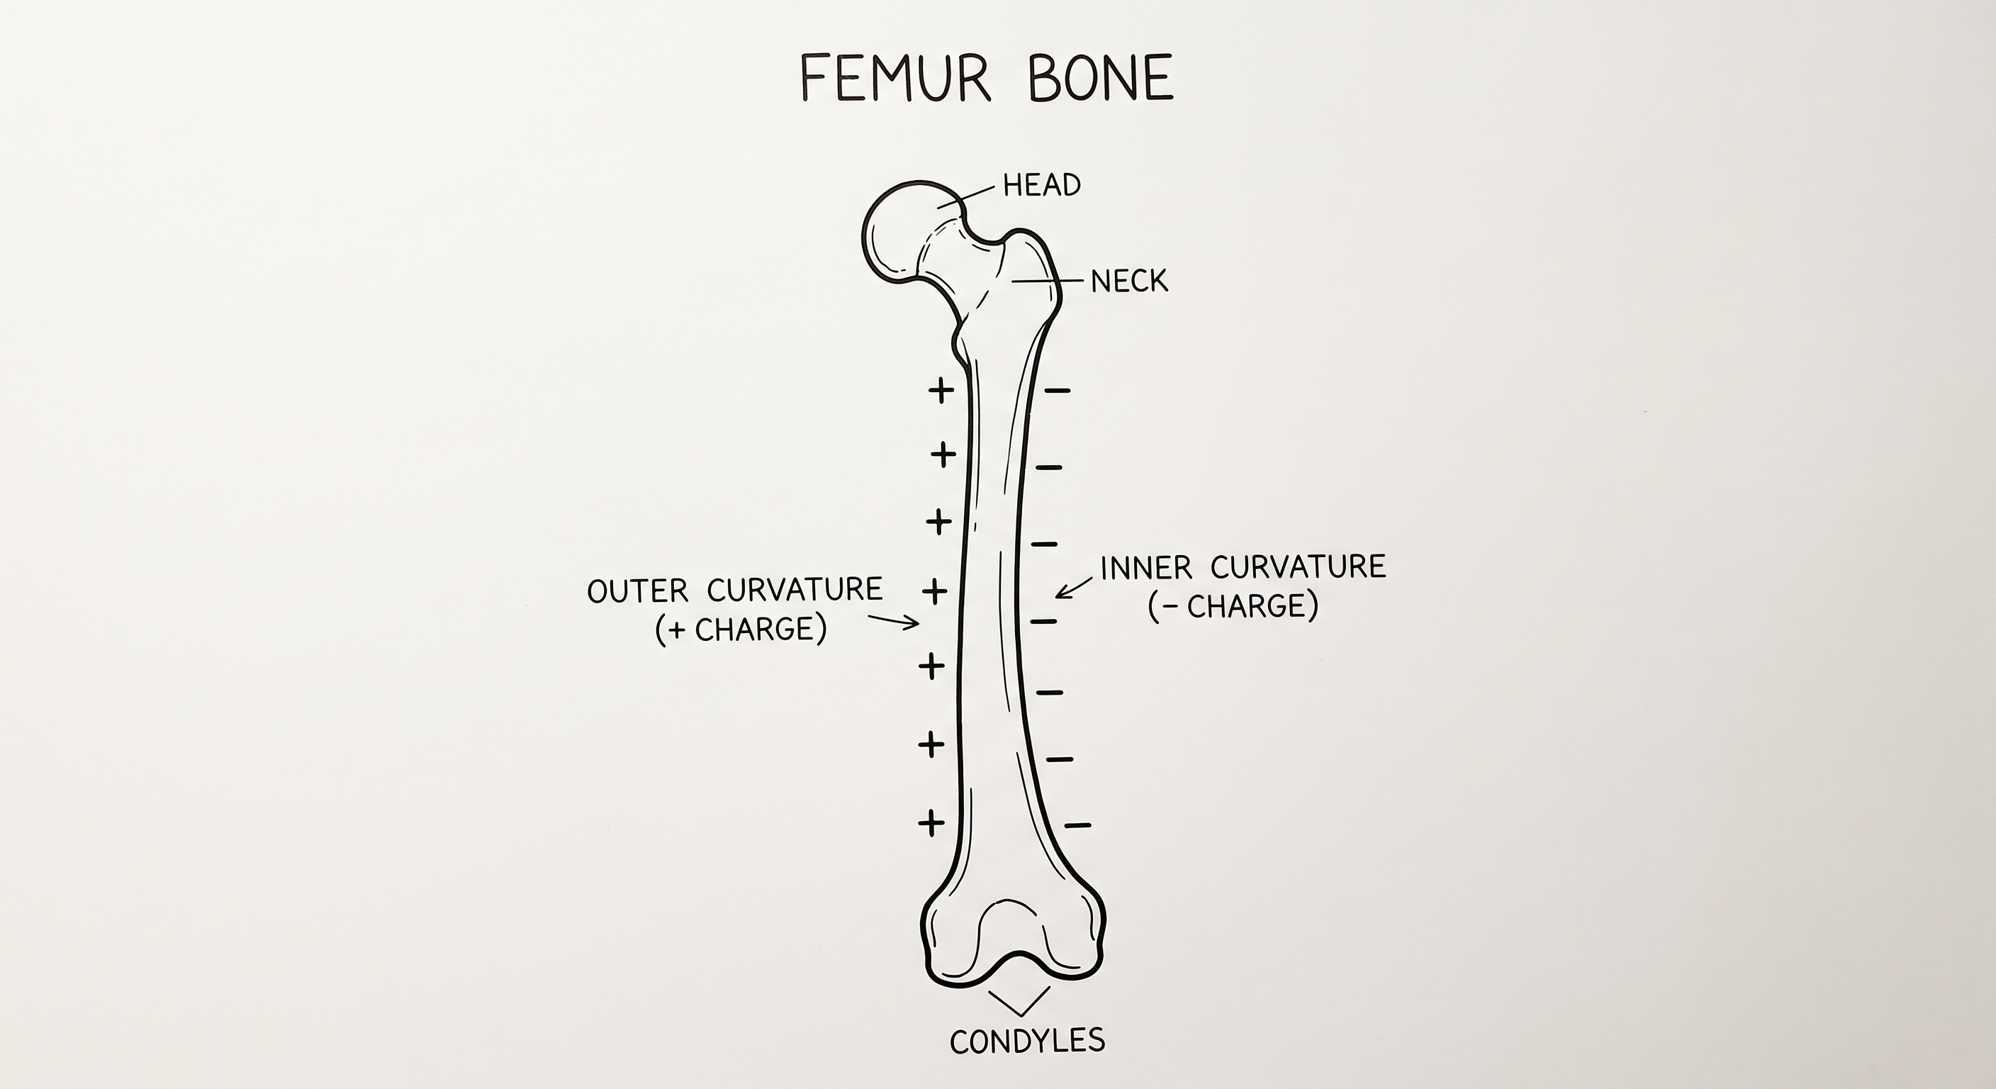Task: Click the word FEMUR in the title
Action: coord(896,77)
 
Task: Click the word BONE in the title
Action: coord(1101,77)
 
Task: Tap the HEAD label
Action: coord(1041,185)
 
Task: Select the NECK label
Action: coord(1129,281)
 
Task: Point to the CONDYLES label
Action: coord(1028,1040)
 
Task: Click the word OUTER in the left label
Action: coord(638,591)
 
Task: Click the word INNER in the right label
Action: coord(1146,568)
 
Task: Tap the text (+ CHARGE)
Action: coord(741,630)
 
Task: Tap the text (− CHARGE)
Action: coord(1233,605)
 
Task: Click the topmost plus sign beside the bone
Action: coord(941,390)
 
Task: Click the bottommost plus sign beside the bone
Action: coord(931,822)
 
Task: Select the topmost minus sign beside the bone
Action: coord(1058,391)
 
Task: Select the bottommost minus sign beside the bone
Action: coord(1078,825)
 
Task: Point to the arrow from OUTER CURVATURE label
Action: coord(893,620)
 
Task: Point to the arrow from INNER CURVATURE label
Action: coord(1074,587)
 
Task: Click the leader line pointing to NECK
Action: coord(1047,280)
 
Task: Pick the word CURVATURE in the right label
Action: coord(1298,567)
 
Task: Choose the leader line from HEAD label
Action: coord(966,196)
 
